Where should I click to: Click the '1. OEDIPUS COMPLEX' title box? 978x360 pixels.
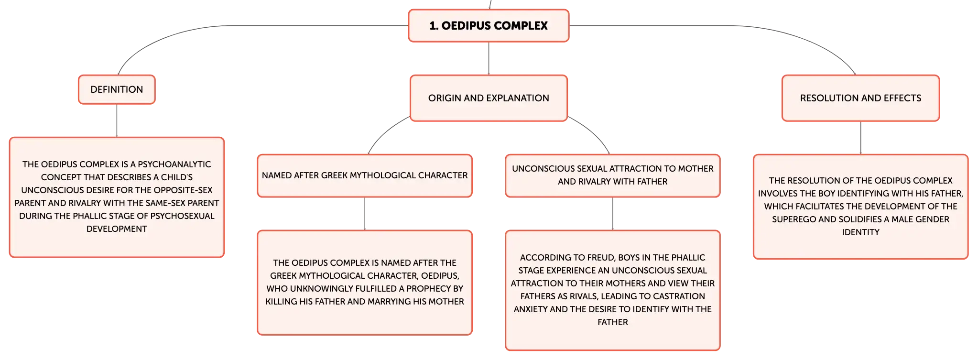click(x=488, y=25)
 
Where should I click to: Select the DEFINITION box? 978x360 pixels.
click(x=117, y=89)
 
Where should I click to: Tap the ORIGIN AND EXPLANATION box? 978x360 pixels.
click(x=489, y=98)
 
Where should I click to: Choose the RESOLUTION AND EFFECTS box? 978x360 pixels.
click(x=860, y=98)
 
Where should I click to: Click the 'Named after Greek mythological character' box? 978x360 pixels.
click(x=365, y=175)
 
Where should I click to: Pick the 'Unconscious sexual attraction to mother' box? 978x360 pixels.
click(x=612, y=175)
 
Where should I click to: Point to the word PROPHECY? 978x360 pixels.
click(x=419, y=289)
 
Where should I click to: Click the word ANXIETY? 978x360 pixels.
click(x=530, y=309)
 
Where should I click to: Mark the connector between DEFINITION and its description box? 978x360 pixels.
click(x=117, y=120)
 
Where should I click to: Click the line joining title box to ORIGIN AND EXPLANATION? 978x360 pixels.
click(x=488, y=58)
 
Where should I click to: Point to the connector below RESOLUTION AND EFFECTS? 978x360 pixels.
click(x=861, y=137)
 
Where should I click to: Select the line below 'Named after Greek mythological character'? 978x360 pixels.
click(x=365, y=214)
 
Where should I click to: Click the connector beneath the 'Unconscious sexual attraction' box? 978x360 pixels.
click(x=613, y=214)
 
